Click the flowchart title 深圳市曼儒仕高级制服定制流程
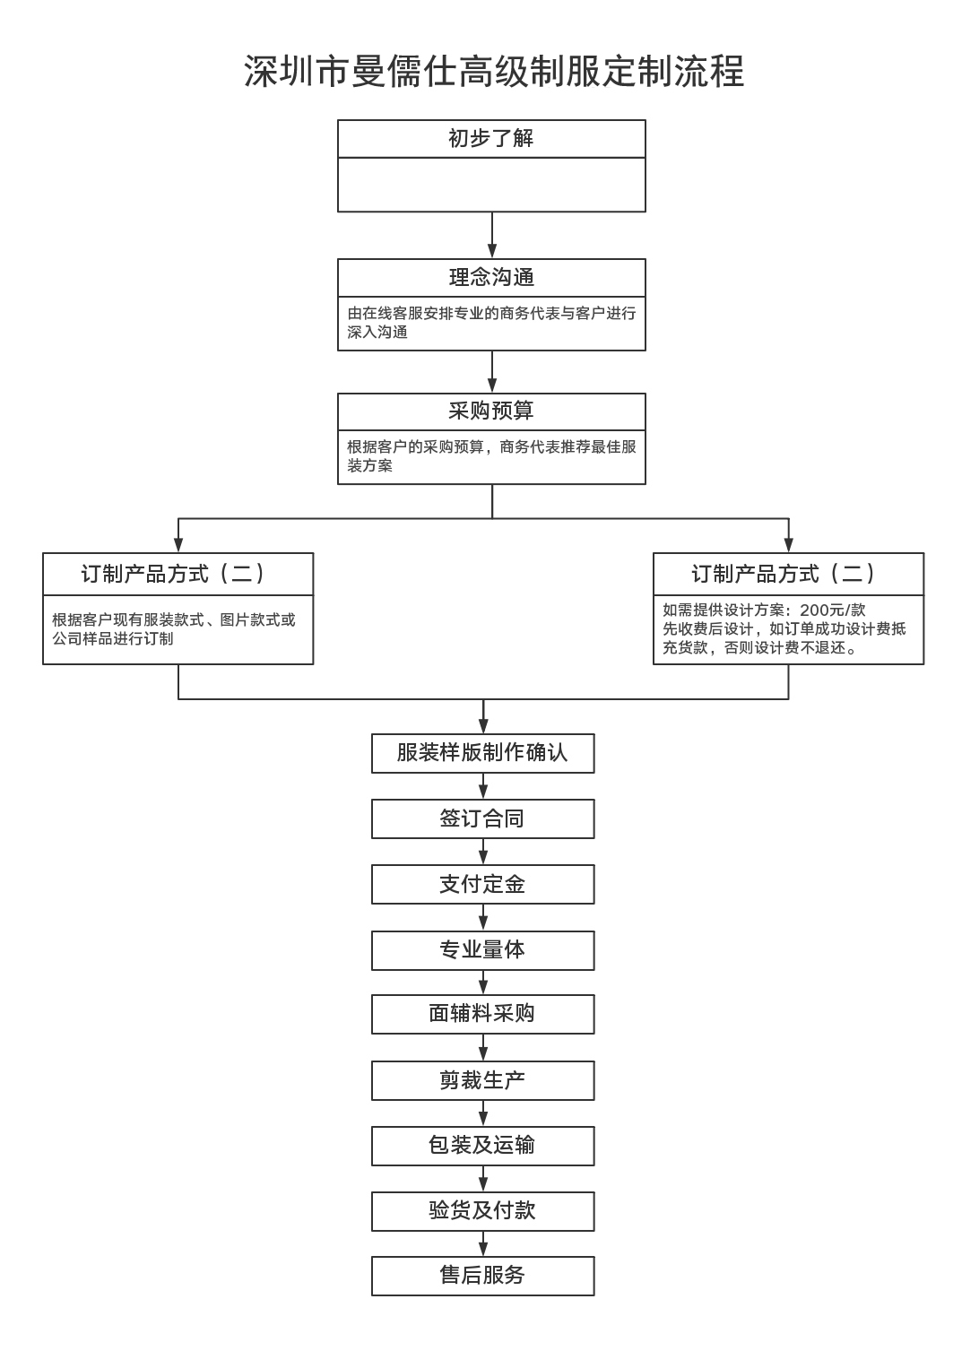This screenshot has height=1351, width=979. (493, 71)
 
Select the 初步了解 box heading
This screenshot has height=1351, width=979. (491, 138)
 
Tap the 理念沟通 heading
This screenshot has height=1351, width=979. (491, 277)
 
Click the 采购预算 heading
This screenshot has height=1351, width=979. (491, 411)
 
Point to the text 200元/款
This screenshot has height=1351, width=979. (833, 610)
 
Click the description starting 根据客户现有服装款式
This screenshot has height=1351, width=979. (174, 629)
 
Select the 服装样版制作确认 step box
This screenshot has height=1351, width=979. (482, 753)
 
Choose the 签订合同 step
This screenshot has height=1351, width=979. (482, 819)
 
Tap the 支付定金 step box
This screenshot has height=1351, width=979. (482, 884)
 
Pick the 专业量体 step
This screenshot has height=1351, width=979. (482, 950)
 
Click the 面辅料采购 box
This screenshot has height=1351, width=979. (482, 1015)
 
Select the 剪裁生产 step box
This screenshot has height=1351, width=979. (482, 1081)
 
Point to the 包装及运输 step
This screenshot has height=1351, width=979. (482, 1146)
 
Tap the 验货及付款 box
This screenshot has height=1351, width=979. (482, 1212)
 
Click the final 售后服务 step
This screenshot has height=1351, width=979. (482, 1277)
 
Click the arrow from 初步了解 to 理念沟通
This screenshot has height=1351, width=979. (492, 235)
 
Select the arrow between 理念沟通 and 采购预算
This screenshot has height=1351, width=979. (492, 372)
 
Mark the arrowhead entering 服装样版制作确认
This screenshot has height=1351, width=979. (483, 726)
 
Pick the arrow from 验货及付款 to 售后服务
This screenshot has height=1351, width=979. (483, 1244)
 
